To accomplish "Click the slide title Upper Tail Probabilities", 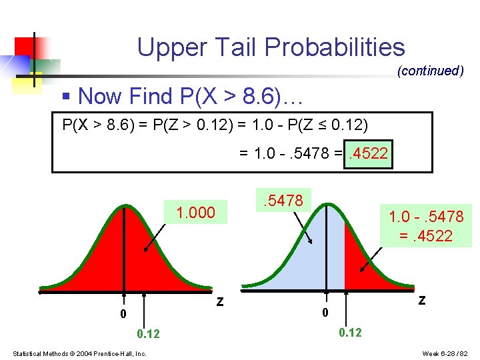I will [x=271, y=47].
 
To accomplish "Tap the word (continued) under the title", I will [x=430, y=71].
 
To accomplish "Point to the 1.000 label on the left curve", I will [x=195, y=213].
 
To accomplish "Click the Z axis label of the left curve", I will [x=219, y=303].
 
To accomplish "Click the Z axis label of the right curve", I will [x=421, y=300].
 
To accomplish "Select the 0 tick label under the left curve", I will [x=123, y=313].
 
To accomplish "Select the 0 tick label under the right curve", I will [x=325, y=312].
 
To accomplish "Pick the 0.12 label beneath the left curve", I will [x=148, y=333].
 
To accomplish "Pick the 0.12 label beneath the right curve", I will [x=350, y=332].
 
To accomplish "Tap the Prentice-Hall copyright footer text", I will [x=79, y=353].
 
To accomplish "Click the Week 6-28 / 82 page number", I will [x=446, y=353].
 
